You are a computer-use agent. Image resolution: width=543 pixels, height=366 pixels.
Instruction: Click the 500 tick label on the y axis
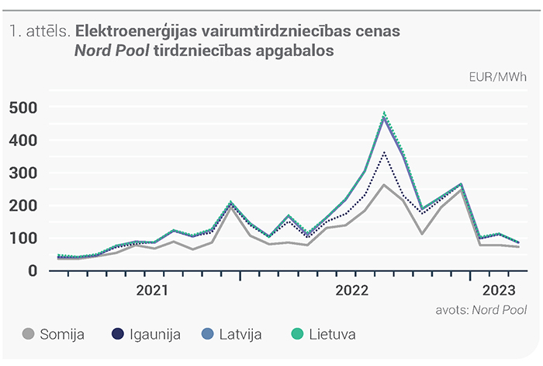[x=22, y=108]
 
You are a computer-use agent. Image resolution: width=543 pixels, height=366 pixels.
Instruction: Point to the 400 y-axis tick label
[x=22, y=141]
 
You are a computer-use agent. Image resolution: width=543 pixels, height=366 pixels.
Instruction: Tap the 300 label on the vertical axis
[x=22, y=173]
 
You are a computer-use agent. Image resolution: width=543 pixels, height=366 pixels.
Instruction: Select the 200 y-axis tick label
[x=22, y=206]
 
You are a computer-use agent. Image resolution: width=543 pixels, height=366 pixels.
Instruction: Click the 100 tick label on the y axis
[x=22, y=239]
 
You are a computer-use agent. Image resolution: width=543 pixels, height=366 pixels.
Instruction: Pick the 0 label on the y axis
[x=33, y=270]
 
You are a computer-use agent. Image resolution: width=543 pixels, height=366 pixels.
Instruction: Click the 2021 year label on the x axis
[x=152, y=291]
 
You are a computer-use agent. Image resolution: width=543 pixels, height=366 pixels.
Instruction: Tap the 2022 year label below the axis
[x=352, y=291]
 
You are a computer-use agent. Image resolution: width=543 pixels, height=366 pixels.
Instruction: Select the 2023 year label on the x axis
[x=499, y=291]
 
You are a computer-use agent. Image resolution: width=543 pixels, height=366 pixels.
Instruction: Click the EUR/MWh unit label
[x=498, y=77]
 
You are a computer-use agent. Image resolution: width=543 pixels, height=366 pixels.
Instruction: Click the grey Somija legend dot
[x=29, y=334]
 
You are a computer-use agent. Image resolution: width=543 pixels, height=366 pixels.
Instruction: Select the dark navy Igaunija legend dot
[x=118, y=334]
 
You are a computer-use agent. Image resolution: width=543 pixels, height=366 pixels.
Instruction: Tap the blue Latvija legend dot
[x=207, y=334]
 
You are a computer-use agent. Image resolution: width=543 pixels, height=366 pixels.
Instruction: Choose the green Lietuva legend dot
[x=297, y=334]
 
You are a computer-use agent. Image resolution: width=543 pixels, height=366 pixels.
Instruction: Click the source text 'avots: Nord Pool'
[x=482, y=310]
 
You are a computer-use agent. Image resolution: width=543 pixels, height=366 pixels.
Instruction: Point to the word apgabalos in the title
[x=295, y=51]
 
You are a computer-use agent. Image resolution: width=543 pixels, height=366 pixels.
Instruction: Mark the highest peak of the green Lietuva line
[x=384, y=113]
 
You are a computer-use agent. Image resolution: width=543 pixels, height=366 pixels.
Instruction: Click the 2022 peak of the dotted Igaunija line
[x=384, y=152]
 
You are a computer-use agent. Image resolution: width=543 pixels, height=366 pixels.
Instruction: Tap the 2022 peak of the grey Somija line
[x=384, y=185]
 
